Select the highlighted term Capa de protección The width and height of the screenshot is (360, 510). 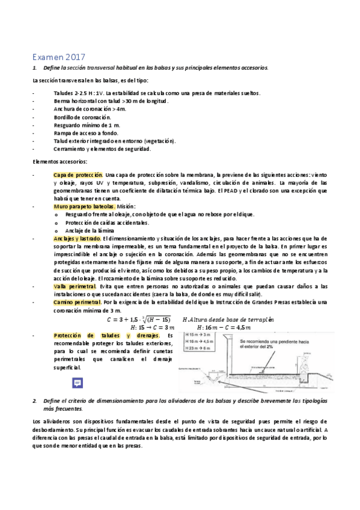(78, 174)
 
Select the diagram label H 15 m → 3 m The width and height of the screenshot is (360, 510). (199, 334)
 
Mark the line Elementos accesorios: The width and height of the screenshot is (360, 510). (59, 161)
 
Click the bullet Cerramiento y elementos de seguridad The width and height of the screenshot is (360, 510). (102, 149)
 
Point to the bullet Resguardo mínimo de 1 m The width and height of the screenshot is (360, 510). (87, 124)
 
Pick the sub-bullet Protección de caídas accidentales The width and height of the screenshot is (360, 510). (107, 222)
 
